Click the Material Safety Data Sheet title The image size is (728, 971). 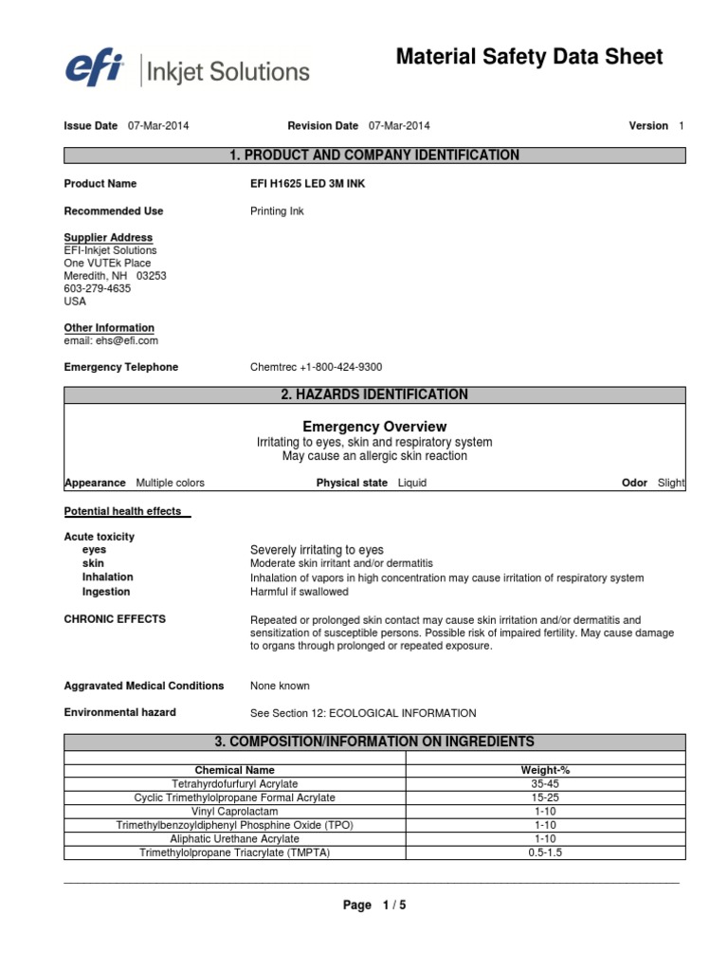529,58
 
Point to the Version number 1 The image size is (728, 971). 680,126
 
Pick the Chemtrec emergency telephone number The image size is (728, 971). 316,367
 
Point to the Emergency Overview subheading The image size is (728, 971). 373,427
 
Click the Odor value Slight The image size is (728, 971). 670,483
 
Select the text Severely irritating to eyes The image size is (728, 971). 317,550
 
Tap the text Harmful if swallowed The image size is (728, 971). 299,592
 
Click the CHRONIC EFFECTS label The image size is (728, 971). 115,619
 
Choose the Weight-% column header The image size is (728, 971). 546,771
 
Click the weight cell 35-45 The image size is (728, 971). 546,784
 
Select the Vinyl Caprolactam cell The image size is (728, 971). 234,812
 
